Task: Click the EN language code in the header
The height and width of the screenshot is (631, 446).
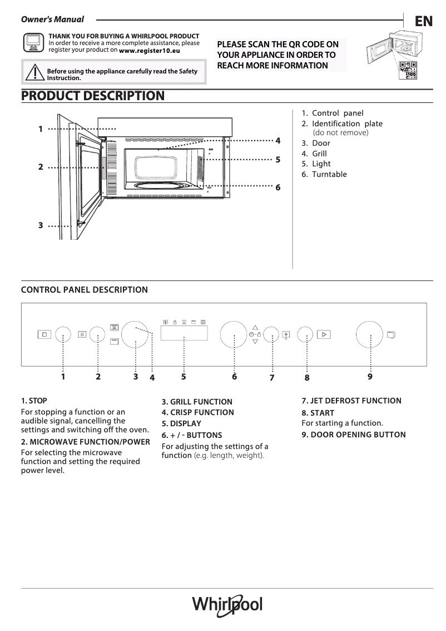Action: click(x=423, y=21)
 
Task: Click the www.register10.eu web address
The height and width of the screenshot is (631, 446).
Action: click(x=150, y=50)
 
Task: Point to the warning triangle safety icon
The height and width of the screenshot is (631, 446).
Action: click(x=34, y=73)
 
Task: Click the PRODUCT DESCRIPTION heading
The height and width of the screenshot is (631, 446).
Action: click(x=92, y=96)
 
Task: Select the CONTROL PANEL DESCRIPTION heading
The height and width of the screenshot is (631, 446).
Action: click(x=84, y=290)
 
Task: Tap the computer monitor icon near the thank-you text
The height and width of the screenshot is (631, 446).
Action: click(x=33, y=42)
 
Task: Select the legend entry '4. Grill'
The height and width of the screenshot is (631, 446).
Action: click(x=314, y=154)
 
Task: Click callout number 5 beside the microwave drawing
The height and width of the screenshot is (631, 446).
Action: click(x=277, y=160)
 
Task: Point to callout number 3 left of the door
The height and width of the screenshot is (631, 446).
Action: click(x=41, y=225)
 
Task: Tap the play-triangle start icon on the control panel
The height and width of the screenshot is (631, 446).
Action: click(x=324, y=334)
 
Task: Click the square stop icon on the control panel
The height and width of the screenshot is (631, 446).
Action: click(x=44, y=334)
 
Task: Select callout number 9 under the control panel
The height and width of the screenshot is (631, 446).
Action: click(x=370, y=377)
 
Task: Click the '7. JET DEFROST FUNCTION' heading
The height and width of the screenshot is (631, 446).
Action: click(x=351, y=401)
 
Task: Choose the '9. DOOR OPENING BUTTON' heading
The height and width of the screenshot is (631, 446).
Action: click(x=353, y=435)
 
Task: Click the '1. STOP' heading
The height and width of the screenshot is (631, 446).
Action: click(x=34, y=401)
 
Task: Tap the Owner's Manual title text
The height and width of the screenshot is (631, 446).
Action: click(x=52, y=19)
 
